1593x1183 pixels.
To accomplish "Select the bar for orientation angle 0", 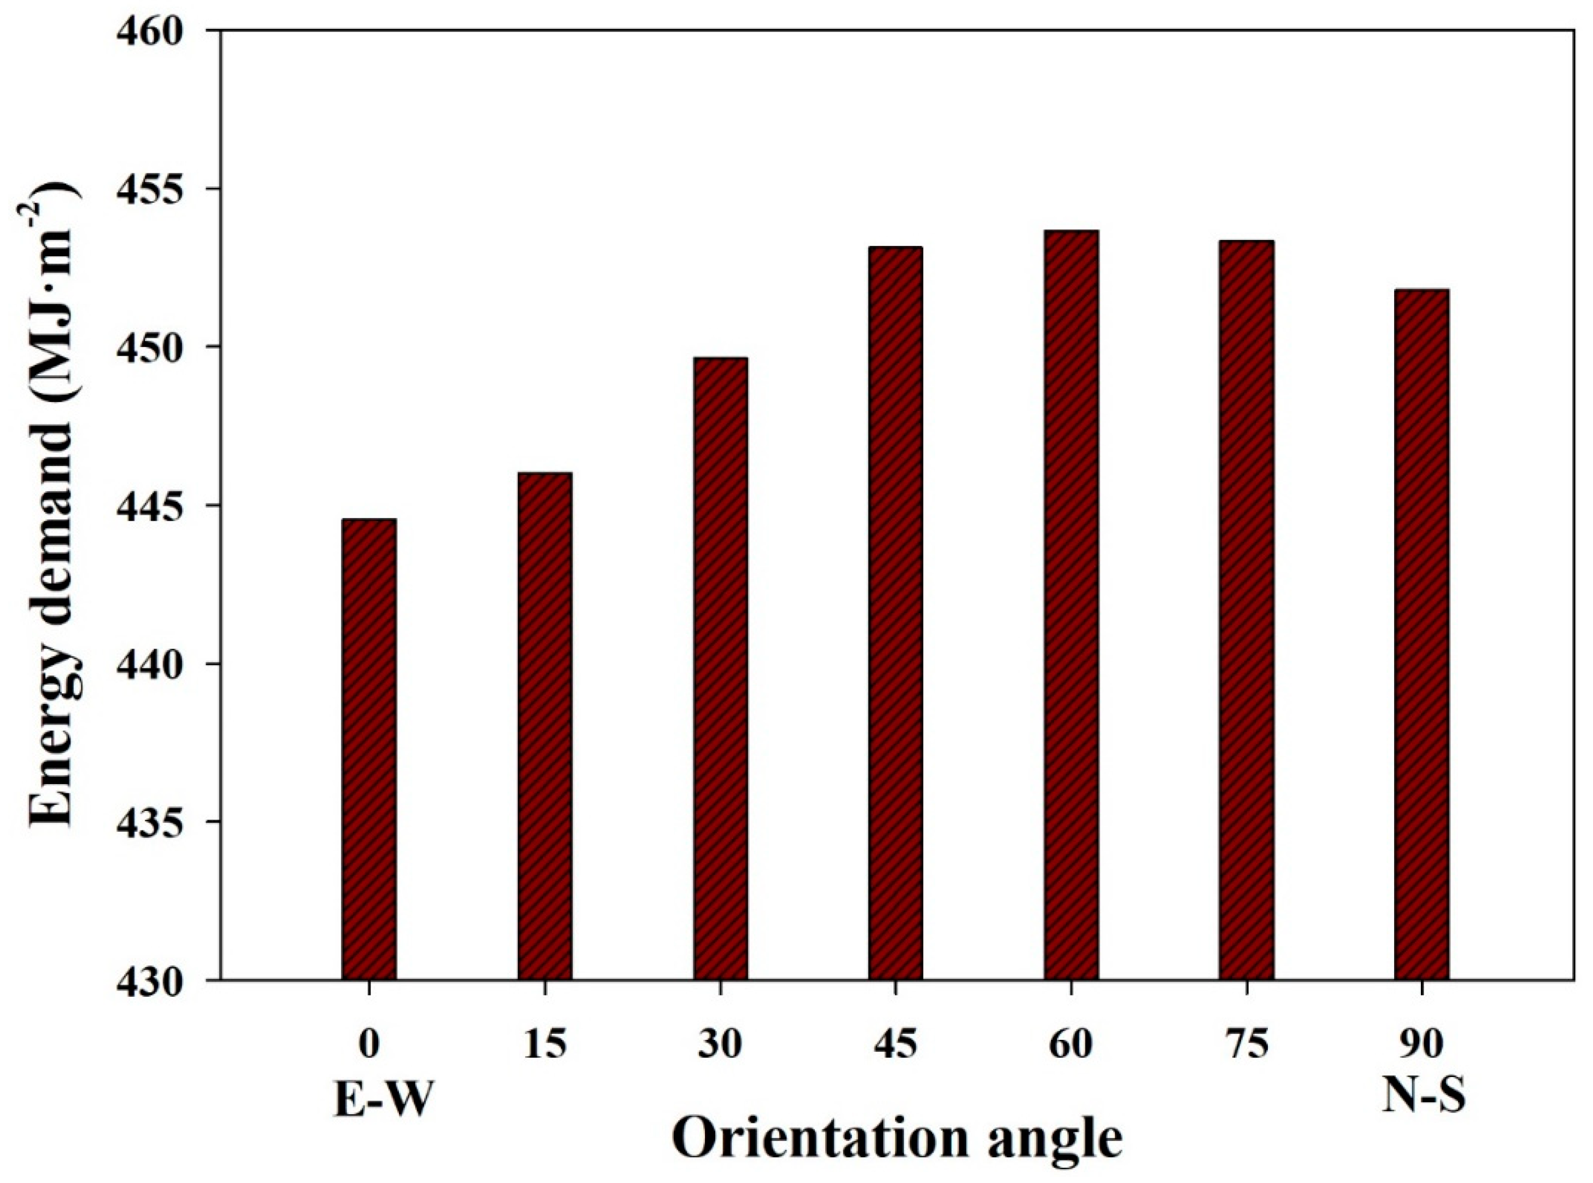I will coord(369,749).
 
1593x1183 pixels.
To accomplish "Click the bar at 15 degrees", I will coord(545,726).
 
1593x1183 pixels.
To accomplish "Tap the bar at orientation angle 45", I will coord(895,613).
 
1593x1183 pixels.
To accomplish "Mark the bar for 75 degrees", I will coord(1247,610).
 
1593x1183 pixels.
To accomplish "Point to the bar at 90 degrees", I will coord(1422,634).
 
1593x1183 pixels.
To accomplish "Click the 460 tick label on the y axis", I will coord(163,32).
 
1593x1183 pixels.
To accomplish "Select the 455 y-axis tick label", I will coord(163,190).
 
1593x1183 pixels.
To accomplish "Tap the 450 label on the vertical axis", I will coord(163,348).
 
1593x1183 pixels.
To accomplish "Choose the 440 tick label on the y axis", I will coord(163,664).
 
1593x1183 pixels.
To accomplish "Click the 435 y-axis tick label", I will coord(163,822).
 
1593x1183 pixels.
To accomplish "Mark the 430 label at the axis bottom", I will coord(163,980).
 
